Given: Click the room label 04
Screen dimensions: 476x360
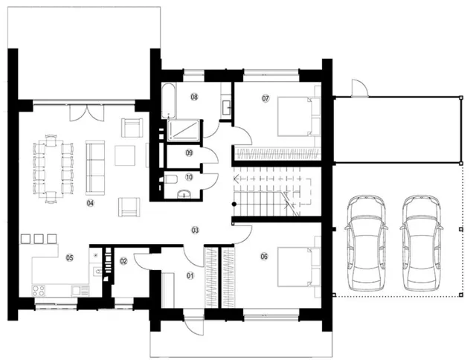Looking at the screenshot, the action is (x=90, y=203).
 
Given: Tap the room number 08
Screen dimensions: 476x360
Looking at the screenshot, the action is (x=194, y=97).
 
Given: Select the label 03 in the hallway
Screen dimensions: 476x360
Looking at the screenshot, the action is (x=195, y=230).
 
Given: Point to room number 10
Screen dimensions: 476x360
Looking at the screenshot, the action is (x=189, y=177).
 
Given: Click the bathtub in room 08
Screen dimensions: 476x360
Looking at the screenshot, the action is (x=169, y=101).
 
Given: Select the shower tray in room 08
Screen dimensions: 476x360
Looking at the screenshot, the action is (x=184, y=130).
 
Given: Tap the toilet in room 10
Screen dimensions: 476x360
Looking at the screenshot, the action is (x=170, y=179).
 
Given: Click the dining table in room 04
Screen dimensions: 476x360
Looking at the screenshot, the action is (x=54, y=169).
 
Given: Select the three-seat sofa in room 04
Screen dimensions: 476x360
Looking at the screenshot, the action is (x=95, y=167).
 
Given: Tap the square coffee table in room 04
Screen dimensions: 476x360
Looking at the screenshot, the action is (x=125, y=155).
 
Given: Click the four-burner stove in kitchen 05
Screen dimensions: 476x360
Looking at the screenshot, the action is (x=39, y=291).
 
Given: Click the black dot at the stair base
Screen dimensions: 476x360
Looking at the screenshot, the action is (x=234, y=205).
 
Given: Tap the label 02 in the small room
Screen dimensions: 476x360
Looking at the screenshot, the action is (x=123, y=261).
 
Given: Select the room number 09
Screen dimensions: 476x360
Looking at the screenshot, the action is (x=189, y=152).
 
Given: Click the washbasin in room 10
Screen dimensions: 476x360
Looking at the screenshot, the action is (x=184, y=193).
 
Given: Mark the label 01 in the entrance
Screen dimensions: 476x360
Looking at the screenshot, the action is (x=190, y=276).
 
